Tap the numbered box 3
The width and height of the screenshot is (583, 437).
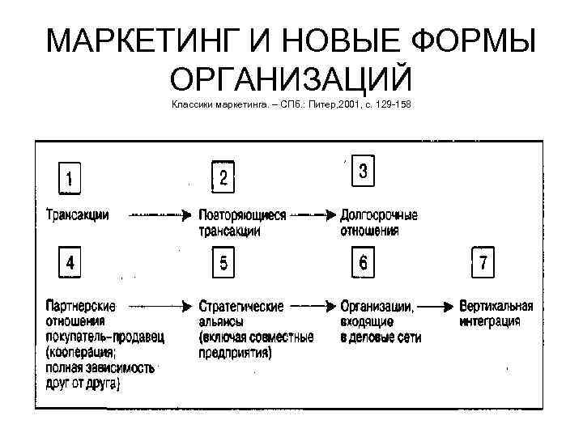(363, 172)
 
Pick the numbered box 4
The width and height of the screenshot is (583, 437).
(71, 263)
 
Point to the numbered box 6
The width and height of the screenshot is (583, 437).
(363, 263)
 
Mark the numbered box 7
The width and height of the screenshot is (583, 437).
(483, 263)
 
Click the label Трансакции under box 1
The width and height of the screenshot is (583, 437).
(78, 215)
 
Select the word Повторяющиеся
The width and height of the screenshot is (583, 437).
(242, 216)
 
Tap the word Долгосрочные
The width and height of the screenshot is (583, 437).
(379, 216)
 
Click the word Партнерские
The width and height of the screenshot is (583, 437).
(81, 307)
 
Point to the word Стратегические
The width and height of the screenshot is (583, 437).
(241, 307)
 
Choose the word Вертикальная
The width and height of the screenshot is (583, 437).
(496, 307)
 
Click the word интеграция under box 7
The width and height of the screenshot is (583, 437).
(489, 320)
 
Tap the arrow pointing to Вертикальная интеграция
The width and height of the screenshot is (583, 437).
(437, 307)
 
